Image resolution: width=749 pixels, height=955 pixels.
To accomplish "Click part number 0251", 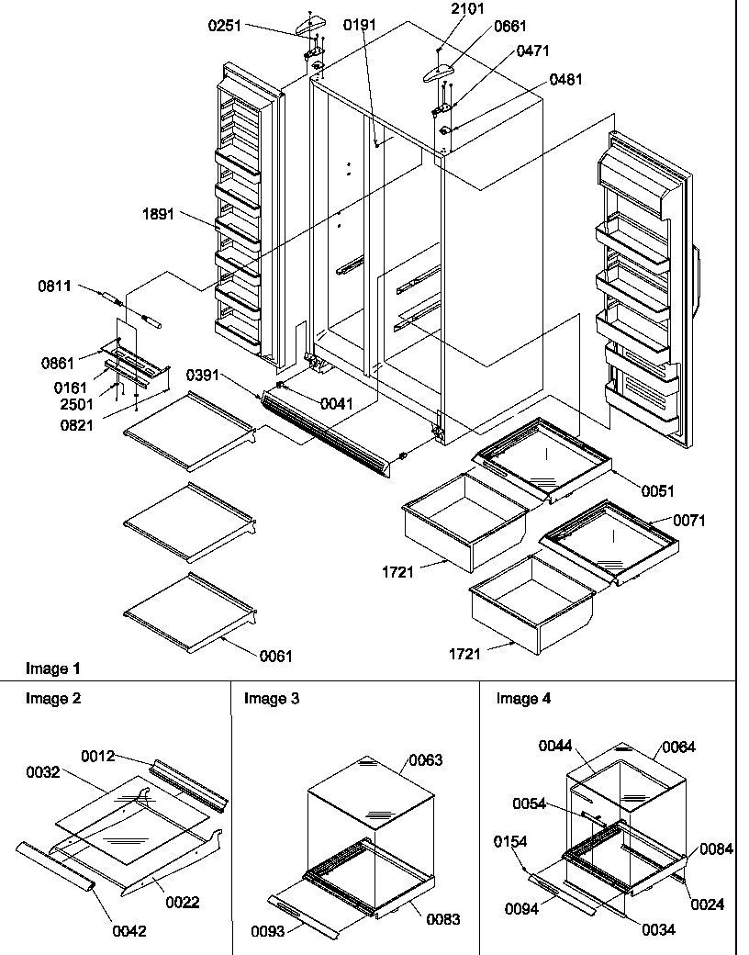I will [224, 26].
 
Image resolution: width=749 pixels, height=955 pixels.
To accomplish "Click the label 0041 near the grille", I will [336, 403].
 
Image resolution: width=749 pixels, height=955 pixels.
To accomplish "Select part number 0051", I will [657, 491].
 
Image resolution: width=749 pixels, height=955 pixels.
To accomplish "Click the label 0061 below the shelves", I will [275, 656].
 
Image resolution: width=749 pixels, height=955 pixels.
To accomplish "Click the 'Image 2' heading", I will [52, 698].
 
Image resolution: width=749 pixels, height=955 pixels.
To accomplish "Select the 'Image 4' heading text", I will [523, 698].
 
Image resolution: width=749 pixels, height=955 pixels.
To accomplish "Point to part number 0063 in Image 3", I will [425, 759].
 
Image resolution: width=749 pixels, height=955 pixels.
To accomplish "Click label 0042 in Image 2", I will [128, 929].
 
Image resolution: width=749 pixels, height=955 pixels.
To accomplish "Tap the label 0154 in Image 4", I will [510, 840].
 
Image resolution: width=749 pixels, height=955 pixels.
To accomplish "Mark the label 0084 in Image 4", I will [716, 849].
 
